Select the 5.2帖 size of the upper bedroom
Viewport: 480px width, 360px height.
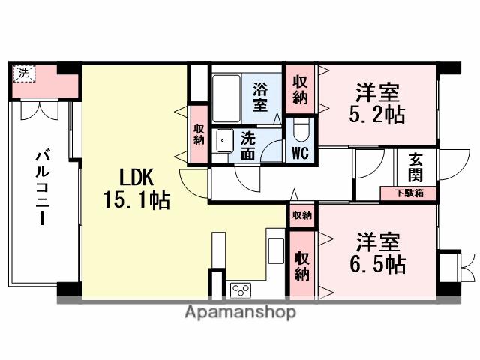tap(377, 116)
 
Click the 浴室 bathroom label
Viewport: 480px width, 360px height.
tap(259, 95)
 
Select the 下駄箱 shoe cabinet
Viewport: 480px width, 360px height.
tap(409, 193)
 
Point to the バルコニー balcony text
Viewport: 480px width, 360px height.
tap(40, 188)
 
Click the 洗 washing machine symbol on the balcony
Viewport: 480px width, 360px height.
tap(24, 73)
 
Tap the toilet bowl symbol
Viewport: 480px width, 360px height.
tap(301, 130)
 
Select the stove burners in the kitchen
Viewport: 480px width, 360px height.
tap(241, 289)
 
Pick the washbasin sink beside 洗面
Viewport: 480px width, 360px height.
tap(223, 141)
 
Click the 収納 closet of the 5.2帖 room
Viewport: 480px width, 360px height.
tap(300, 88)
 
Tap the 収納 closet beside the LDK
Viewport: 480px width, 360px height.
tap(199, 134)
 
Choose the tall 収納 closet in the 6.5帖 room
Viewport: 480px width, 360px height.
tap(302, 263)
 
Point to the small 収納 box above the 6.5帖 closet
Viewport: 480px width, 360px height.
tap(301, 214)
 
